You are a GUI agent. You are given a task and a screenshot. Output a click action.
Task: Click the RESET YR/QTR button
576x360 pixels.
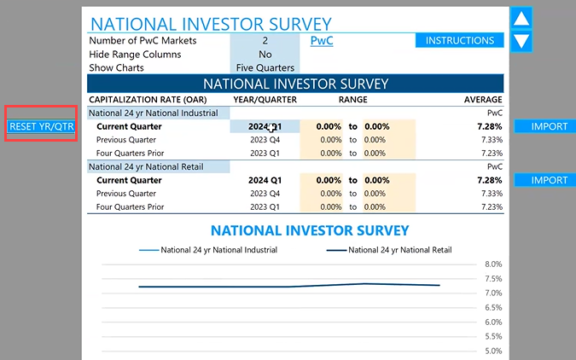click(x=42, y=126)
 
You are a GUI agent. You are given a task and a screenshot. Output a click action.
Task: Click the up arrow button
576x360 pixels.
click(x=521, y=18)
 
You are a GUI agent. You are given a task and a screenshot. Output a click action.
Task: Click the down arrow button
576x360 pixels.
click(x=521, y=39)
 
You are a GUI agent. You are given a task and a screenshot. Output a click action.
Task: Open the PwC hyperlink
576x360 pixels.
click(x=322, y=40)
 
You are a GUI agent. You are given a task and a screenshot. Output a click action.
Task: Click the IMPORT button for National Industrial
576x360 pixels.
click(x=549, y=126)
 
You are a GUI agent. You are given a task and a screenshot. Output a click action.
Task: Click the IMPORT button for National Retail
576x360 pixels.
click(x=549, y=180)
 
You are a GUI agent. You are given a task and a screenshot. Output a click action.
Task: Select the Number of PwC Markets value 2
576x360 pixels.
click(x=265, y=40)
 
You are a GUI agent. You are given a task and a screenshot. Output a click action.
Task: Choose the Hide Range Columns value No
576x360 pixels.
click(x=265, y=54)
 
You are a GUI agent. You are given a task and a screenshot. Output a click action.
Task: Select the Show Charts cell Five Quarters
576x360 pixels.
click(x=265, y=67)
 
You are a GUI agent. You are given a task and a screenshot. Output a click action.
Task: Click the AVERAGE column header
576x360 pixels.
click(x=482, y=100)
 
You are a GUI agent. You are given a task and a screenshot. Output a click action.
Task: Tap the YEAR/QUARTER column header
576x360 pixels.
click(x=265, y=100)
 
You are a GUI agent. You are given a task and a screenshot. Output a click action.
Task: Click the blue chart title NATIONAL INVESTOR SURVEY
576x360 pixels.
click(x=310, y=230)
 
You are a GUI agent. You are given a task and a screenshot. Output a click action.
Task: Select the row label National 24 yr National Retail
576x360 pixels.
click(x=146, y=166)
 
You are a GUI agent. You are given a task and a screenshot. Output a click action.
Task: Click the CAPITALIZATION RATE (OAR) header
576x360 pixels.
click(x=145, y=100)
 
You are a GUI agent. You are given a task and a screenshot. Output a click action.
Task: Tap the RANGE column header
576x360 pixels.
click(x=352, y=100)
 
